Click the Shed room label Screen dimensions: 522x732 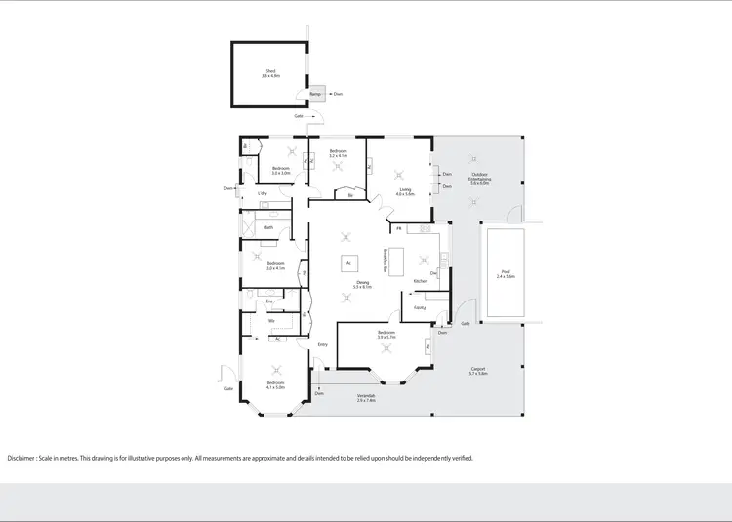click(x=270, y=72)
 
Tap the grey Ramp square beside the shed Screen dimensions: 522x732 click(x=316, y=94)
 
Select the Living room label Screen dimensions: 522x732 click(x=405, y=192)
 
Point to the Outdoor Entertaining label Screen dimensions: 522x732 click(x=479, y=179)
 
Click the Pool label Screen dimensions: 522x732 click(x=504, y=275)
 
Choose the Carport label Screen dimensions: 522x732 click(x=477, y=372)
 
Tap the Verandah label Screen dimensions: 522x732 click(x=366, y=397)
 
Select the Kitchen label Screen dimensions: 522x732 click(x=421, y=281)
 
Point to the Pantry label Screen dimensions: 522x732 click(x=418, y=308)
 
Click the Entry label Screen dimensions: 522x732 click(x=322, y=344)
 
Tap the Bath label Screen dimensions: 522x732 click(x=268, y=227)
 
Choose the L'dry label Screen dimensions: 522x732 click(x=262, y=194)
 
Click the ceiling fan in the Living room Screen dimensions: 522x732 click(x=398, y=175)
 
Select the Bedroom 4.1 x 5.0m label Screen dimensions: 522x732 click(x=276, y=384)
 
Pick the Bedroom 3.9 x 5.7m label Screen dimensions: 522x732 click(x=386, y=335)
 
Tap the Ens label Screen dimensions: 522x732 click(x=269, y=301)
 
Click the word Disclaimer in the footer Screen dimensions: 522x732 click(x=21, y=457)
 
